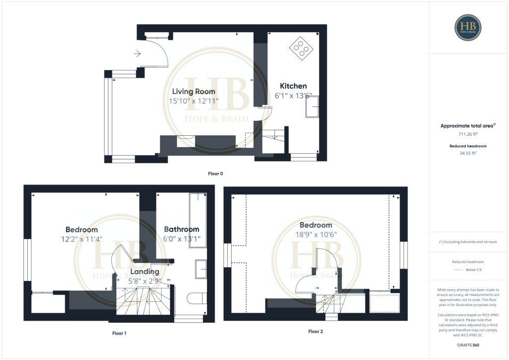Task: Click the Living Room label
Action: click(x=194, y=91)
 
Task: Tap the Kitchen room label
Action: click(x=293, y=86)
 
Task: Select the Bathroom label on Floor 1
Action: click(x=181, y=229)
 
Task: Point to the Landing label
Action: click(x=145, y=271)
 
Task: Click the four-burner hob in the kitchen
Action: click(x=301, y=48)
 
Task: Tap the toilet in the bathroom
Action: click(x=197, y=298)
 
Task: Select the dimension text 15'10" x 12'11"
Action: click(x=194, y=101)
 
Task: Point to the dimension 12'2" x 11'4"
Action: click(x=82, y=239)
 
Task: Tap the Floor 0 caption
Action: click(x=216, y=174)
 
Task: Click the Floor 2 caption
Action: click(x=316, y=331)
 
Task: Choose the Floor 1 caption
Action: click(x=119, y=333)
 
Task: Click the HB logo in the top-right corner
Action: click(x=468, y=27)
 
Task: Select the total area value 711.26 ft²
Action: click(x=468, y=134)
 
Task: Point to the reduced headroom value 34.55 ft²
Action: click(x=468, y=154)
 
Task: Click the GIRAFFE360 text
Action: click(x=468, y=345)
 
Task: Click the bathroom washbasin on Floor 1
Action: click(x=201, y=269)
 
